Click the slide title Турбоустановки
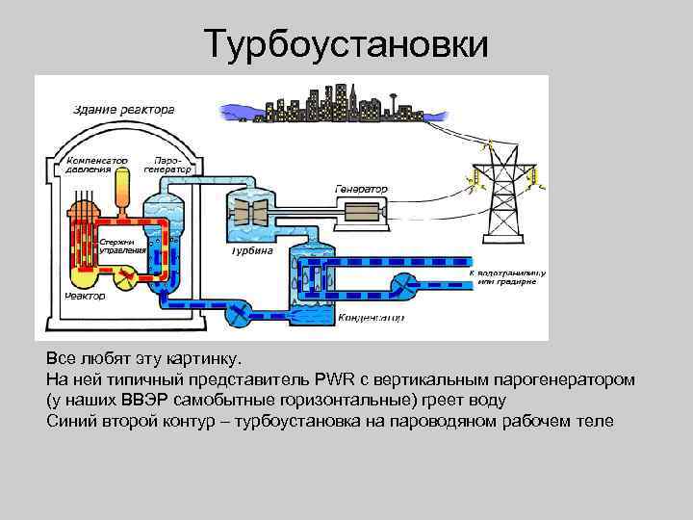[346, 43]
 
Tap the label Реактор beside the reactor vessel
[85, 297]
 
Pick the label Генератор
[362, 189]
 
